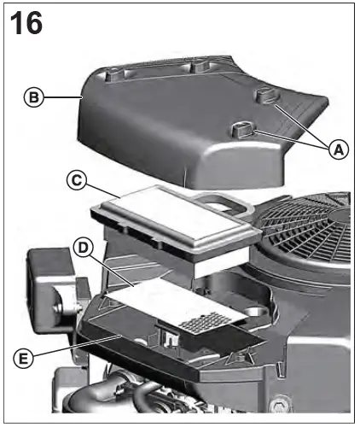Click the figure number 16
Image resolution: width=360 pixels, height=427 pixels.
(25, 22)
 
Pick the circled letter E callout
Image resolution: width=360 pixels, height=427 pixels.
(26, 359)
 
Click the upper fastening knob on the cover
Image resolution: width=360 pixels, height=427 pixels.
(266, 94)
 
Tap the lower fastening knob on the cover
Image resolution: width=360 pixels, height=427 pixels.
(241, 129)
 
